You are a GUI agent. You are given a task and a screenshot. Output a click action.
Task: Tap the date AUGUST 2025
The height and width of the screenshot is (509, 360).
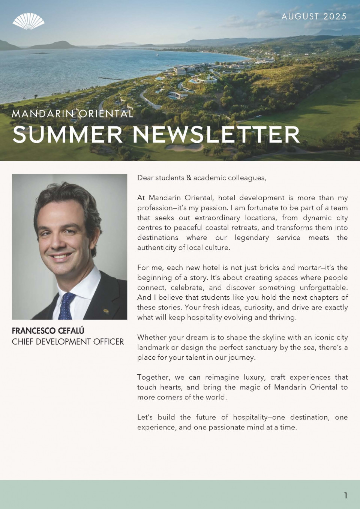coord(314,17)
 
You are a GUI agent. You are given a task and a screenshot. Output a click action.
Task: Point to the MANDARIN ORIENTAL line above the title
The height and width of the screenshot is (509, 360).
coord(72,113)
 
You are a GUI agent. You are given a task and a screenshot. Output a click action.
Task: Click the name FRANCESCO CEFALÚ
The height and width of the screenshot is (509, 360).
coord(48,330)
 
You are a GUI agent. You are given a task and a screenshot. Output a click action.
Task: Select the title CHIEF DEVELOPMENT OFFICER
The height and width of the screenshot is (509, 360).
coord(68,341)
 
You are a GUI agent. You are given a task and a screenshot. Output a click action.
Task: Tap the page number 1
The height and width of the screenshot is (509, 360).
coord(345,495)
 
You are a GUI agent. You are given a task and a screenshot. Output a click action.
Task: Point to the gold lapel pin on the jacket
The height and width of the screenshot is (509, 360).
coord(106,311)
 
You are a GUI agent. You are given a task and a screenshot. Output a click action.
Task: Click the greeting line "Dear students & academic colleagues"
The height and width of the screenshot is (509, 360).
coord(202,178)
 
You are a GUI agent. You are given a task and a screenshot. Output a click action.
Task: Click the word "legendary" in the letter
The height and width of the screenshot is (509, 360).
coord(252,238)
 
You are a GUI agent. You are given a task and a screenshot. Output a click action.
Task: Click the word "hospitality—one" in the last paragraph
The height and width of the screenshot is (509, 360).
coord(259,417)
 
